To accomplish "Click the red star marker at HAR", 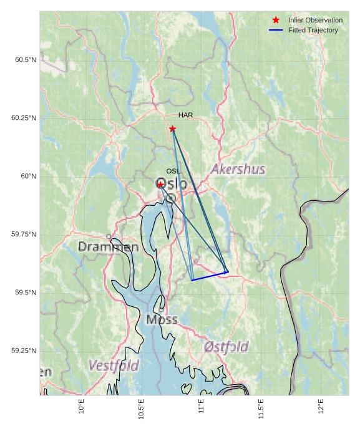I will (x=172, y=128).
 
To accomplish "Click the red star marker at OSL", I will (x=160, y=185).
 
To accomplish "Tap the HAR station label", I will (x=185, y=115).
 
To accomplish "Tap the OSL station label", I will (x=173, y=171).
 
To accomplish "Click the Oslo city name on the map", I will (x=170, y=184).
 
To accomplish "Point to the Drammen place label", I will (x=108, y=248).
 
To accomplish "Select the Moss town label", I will (x=162, y=320).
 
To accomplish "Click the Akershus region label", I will (x=238, y=170).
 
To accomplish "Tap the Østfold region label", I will (x=226, y=347).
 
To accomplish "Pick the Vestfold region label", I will (x=113, y=366).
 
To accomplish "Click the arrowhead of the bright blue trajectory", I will (x=226, y=272).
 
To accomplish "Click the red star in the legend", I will (x=276, y=21).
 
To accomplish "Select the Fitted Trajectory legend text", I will (x=313, y=31).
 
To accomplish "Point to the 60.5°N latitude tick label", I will (x=26, y=60).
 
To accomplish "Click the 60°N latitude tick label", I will (x=29, y=177).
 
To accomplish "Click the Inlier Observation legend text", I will (x=315, y=21).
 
